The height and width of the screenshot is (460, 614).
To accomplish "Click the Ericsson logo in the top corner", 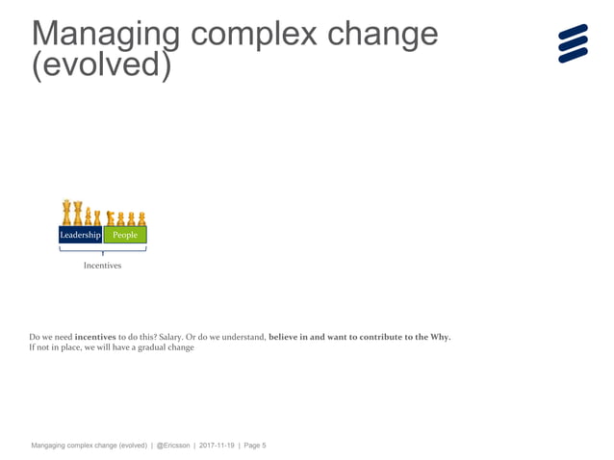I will coord(573,43).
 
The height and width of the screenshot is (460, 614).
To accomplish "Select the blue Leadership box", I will coord(81,235).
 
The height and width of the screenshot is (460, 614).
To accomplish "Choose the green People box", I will coord(125,235).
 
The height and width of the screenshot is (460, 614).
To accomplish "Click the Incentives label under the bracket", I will coord(102,266).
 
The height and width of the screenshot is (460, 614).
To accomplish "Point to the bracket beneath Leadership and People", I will coord(102,250).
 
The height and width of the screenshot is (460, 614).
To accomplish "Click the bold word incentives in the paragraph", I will coord(95,337).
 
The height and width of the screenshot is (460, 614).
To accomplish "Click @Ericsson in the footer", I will coord(174,446).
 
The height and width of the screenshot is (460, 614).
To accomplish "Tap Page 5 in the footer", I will coord(255,446).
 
